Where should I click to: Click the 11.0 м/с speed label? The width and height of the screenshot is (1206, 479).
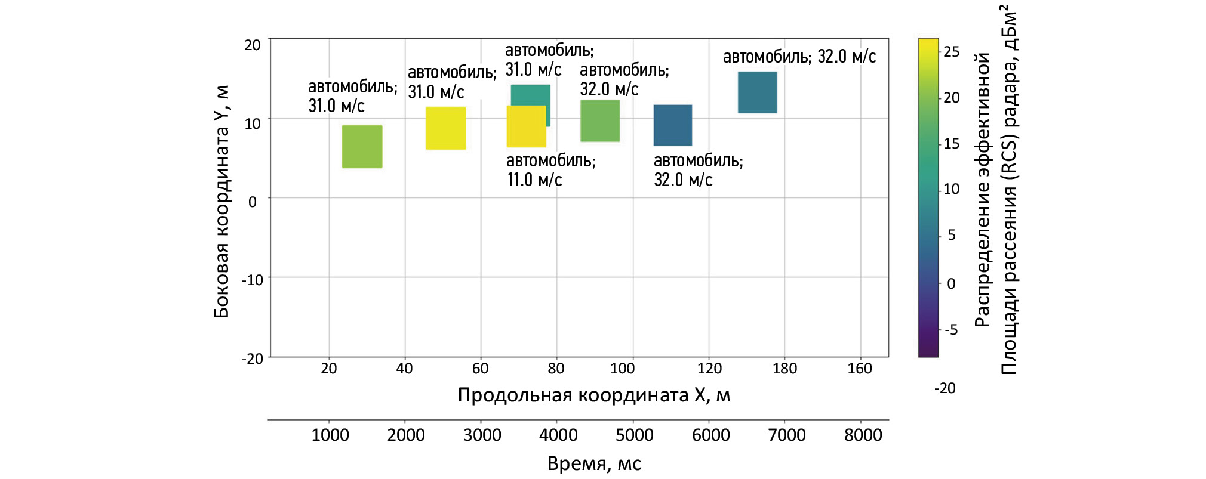click(534, 180)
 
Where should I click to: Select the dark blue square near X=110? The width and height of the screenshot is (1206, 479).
click(672, 125)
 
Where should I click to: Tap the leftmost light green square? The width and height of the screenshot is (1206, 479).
click(362, 147)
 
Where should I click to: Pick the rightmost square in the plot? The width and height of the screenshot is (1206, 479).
click(757, 92)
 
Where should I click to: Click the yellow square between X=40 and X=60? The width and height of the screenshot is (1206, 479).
click(445, 128)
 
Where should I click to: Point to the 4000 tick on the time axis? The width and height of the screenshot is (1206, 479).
click(558, 435)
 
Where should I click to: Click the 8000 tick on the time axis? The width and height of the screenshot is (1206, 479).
click(863, 435)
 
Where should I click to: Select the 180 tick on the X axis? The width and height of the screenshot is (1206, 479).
click(784, 369)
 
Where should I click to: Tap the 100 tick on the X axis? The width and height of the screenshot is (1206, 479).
click(622, 369)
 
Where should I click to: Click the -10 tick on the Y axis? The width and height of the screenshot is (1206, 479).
click(252, 280)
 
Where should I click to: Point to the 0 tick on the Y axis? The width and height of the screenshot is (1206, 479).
click(253, 202)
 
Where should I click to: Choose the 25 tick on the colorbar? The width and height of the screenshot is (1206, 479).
click(951, 52)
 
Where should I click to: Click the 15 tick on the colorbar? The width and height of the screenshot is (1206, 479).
click(951, 144)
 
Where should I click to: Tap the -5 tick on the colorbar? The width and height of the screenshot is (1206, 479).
click(950, 330)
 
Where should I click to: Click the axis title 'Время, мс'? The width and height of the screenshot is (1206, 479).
click(594, 463)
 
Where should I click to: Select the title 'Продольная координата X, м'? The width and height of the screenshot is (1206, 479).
click(593, 395)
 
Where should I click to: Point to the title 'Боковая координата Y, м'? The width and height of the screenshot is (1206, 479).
click(221, 202)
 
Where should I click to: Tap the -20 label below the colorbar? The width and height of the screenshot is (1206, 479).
click(945, 388)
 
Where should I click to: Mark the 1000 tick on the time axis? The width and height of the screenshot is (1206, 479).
click(330, 435)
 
